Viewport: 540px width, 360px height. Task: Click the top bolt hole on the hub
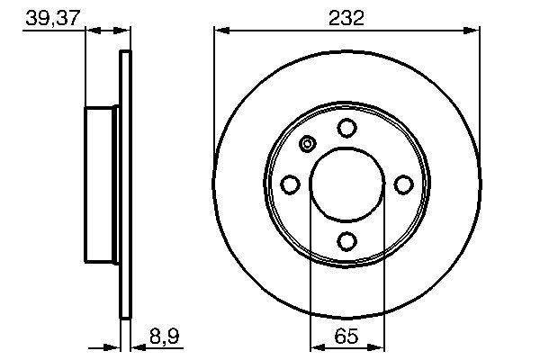(x=346, y=129)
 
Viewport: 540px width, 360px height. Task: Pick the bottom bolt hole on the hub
(x=346, y=240)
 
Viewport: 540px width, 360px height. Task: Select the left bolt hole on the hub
(x=291, y=184)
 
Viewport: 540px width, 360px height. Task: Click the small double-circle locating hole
(x=307, y=145)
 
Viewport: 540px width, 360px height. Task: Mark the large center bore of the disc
(x=346, y=184)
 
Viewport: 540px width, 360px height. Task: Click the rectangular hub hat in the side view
(x=103, y=184)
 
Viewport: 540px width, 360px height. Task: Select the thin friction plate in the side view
(x=125, y=184)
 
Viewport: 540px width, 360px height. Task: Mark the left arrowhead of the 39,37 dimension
(x=91, y=32)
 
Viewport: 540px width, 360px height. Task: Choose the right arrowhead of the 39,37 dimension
(x=124, y=32)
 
